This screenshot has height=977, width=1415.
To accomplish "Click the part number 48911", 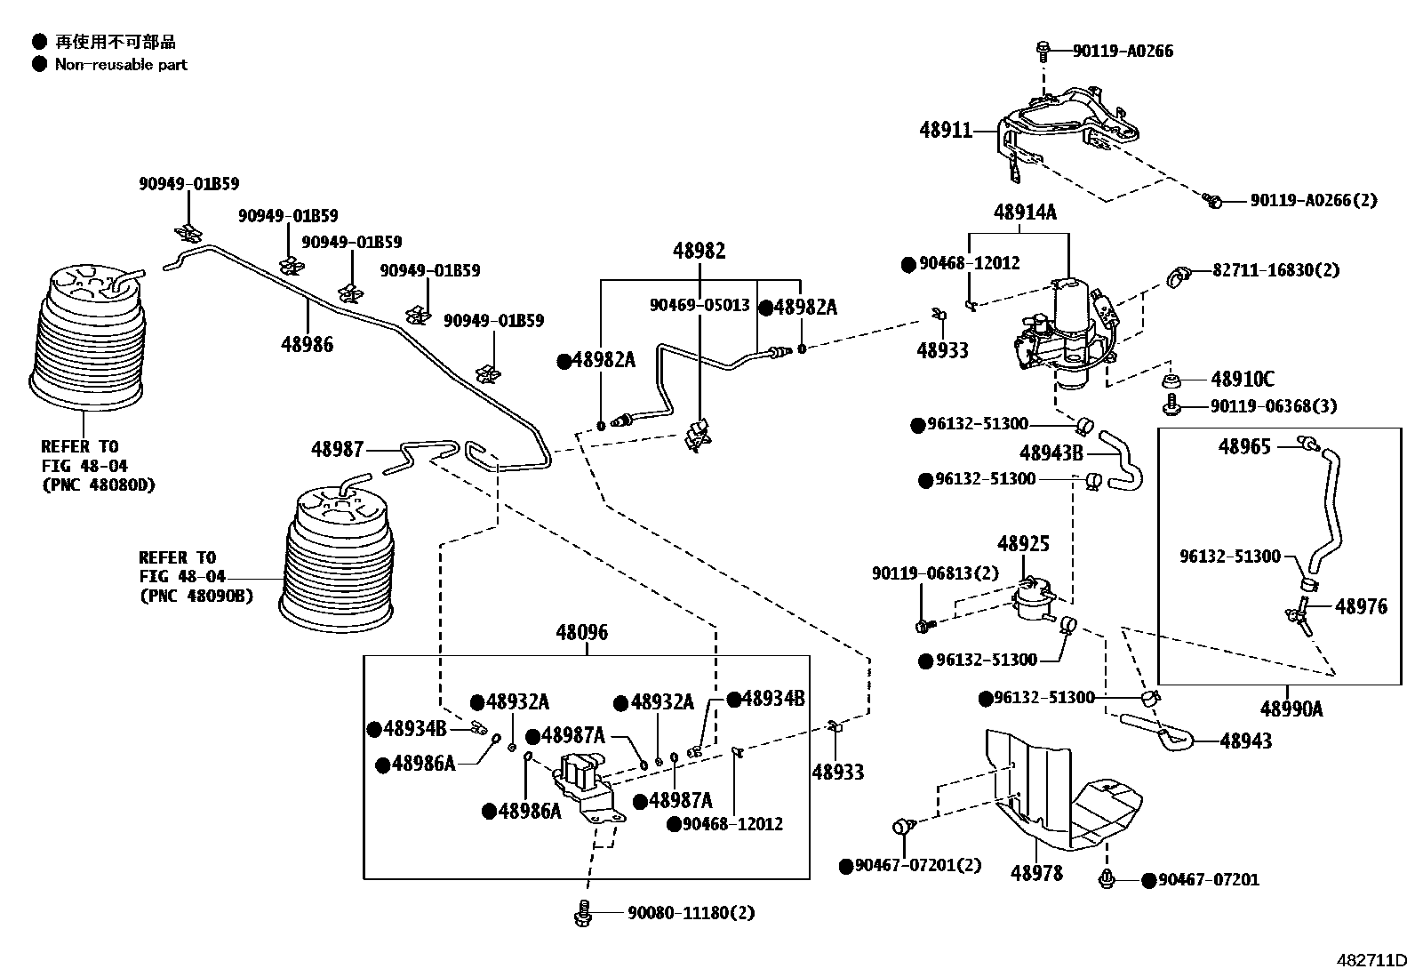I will click(x=946, y=131).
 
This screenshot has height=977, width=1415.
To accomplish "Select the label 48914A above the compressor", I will click(x=1025, y=212).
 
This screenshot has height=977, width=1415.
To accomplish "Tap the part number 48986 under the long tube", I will click(x=308, y=344).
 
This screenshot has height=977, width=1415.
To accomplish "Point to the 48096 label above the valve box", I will click(x=582, y=633).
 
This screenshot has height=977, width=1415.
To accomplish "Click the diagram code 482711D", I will click(x=1373, y=961).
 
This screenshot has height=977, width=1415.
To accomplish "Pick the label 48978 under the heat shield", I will click(x=1036, y=873).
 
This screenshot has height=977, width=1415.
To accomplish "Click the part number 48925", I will click(x=1023, y=543).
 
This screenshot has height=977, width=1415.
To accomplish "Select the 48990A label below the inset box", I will click(x=1291, y=709).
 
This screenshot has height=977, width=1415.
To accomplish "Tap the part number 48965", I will click(x=1244, y=446).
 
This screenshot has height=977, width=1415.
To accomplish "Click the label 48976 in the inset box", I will click(x=1361, y=607).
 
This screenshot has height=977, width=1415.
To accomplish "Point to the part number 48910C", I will click(x=1242, y=380).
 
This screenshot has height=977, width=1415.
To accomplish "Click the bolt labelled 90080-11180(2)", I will click(x=584, y=913).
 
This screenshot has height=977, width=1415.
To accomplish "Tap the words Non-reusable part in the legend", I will click(x=121, y=64).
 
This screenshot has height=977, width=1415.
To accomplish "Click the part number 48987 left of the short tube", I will click(x=337, y=449).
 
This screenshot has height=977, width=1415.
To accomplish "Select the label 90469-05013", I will click(x=700, y=305).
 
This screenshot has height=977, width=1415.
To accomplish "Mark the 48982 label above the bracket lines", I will click(x=699, y=251).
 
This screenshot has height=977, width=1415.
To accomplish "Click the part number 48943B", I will click(x=1051, y=453).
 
